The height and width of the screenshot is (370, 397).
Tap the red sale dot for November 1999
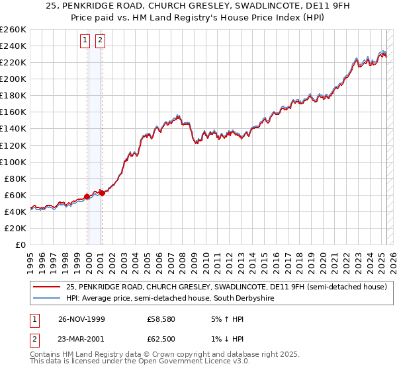(87, 196)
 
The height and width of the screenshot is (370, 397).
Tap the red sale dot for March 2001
(102, 193)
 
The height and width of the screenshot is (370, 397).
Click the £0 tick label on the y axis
(21, 244)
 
